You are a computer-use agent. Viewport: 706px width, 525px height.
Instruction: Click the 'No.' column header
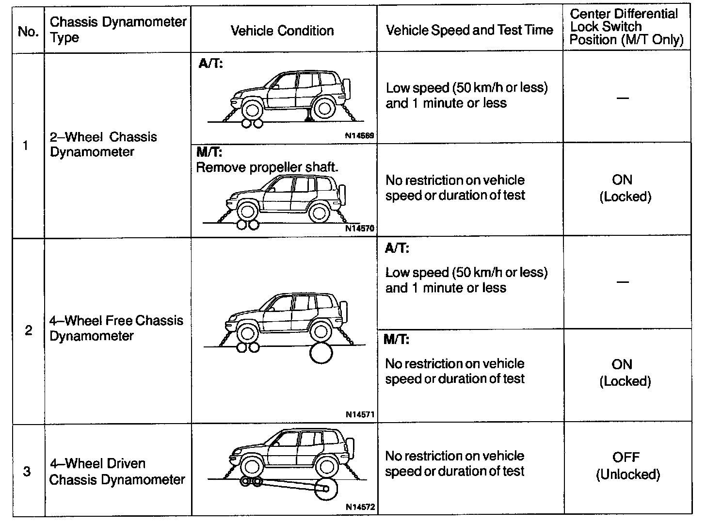click(x=28, y=32)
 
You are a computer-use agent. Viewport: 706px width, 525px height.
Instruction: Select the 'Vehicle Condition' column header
click(x=282, y=31)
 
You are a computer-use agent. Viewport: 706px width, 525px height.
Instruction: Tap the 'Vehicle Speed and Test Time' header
click(x=469, y=30)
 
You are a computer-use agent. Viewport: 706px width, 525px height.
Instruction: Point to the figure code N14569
click(x=359, y=136)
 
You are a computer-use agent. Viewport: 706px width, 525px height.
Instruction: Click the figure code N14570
click(x=359, y=228)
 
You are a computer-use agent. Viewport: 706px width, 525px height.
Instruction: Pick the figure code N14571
click(x=359, y=415)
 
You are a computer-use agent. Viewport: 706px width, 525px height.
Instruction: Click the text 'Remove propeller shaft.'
click(x=267, y=168)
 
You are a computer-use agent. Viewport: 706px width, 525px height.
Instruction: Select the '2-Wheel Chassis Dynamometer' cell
click(x=103, y=144)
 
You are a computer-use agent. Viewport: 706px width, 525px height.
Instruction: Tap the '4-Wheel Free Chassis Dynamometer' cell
click(x=116, y=328)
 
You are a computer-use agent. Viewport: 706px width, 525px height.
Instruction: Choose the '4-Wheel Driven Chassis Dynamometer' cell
click(x=117, y=471)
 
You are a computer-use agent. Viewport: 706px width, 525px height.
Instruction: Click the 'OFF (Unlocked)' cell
click(x=627, y=465)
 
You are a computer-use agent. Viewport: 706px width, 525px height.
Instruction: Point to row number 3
click(x=27, y=471)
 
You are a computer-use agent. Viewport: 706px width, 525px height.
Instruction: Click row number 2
click(x=28, y=331)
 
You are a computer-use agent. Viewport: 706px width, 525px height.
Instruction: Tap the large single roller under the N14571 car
click(x=321, y=353)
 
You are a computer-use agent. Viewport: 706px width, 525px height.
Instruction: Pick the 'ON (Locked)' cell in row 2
click(x=624, y=372)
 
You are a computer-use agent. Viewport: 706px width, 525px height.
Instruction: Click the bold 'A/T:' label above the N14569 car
click(x=210, y=64)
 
